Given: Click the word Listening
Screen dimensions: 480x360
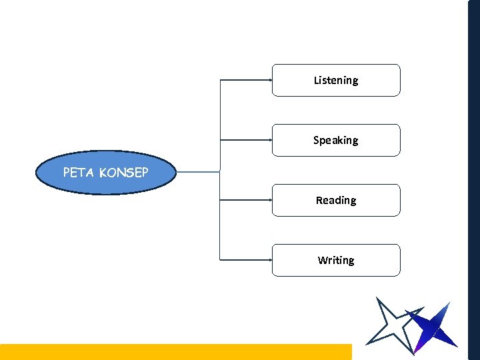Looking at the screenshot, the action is coord(336,80).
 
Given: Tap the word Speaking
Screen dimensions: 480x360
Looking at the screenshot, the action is coord(336,140).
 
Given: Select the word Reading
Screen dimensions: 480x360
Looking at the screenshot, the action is coord(336,200).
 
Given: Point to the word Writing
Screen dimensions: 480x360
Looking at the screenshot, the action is coord(336,260).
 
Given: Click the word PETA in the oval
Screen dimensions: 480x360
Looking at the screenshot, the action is coord(79,173).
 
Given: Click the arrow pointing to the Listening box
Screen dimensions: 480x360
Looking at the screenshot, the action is coord(247,80).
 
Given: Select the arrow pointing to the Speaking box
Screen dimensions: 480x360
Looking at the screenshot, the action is coord(247,140).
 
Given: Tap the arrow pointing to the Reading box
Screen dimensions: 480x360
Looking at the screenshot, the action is coord(247,199).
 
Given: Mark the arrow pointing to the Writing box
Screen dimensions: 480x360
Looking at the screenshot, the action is coord(247,259).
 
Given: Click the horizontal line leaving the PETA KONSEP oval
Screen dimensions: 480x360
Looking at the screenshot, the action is coord(198,172).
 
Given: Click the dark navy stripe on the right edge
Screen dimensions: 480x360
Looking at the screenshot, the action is coord(474,180).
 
